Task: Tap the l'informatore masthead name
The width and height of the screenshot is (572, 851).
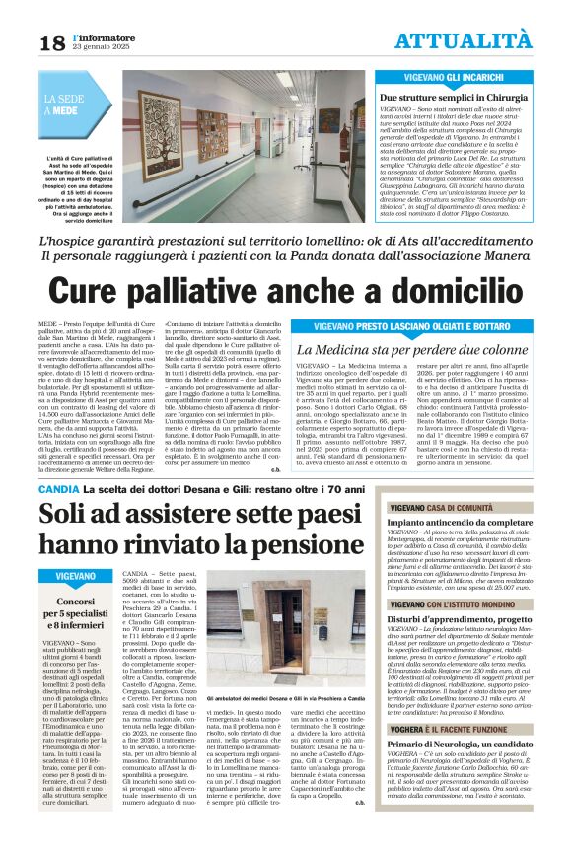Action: click(x=96, y=36)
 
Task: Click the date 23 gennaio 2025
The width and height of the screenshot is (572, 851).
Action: click(x=96, y=47)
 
